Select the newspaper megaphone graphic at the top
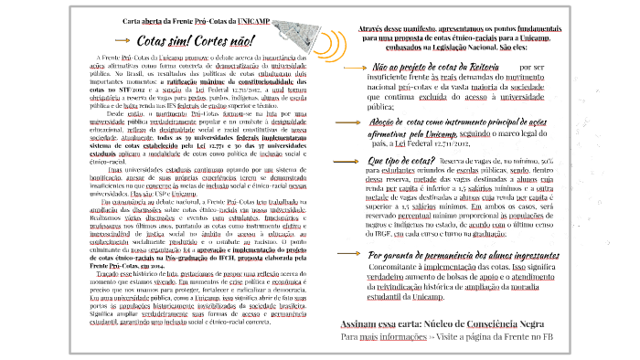[292, 26]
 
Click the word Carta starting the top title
[134, 19]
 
